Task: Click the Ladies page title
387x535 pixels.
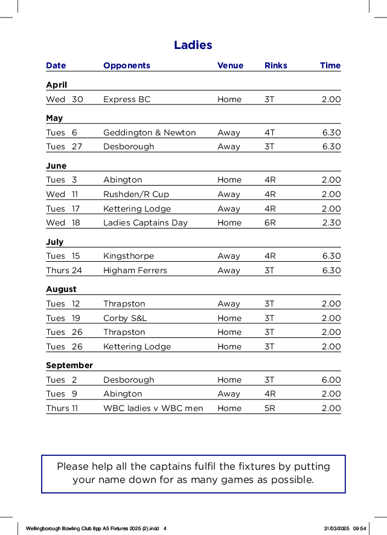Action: [193, 45]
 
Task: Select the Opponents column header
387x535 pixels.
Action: [127, 65]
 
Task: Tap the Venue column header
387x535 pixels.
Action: [230, 65]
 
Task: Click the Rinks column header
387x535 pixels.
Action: [276, 65]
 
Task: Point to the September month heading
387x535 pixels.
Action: [69, 365]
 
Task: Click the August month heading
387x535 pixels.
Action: [62, 289]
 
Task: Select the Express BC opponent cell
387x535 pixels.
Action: [127, 99]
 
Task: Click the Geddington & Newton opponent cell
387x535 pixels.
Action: [150, 132]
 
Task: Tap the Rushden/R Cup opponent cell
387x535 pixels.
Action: [136, 194]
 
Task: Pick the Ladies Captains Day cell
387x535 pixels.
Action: [146, 222]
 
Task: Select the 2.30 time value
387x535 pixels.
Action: [331, 222]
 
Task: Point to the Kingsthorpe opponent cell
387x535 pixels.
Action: [129, 256]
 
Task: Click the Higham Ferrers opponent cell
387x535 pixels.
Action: [135, 270]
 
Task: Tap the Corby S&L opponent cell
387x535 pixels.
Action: [125, 318]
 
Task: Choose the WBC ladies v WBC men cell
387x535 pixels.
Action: [153, 408]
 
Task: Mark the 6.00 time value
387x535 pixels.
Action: [331, 380]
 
